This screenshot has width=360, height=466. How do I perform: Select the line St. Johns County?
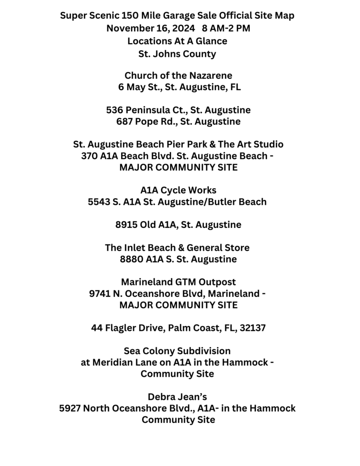coord(177,54)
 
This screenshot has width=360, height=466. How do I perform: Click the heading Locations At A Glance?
coord(177,41)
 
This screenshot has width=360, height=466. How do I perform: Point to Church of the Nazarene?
coord(178,75)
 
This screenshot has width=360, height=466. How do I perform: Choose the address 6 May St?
coord(138,87)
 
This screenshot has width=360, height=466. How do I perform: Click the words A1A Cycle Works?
coord(178,190)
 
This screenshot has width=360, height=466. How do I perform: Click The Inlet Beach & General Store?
coord(177,248)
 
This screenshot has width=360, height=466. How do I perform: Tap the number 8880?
coord(131,259)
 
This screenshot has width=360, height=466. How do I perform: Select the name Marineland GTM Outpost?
coord(178,282)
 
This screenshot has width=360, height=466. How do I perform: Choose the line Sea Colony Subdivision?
coord(177,351)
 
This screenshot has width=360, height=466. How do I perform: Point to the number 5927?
coord(71,408)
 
